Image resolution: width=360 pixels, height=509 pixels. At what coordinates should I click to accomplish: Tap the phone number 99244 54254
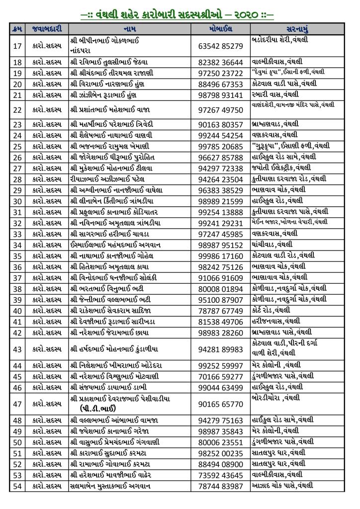pos(220,135)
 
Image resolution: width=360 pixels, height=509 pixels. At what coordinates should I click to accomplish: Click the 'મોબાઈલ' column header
pos(220,28)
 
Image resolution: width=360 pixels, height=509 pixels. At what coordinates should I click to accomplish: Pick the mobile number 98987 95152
pos(220,245)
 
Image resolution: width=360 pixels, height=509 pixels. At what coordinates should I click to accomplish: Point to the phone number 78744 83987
pos(220,486)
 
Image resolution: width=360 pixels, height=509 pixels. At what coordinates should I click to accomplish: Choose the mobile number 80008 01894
pos(220,288)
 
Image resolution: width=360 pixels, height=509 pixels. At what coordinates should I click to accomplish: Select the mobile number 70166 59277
pos(220,376)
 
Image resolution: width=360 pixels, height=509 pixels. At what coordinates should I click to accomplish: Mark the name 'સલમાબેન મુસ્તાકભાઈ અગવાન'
pos(111,486)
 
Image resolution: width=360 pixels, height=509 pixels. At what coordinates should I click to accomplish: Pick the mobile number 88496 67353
pos(220,84)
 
